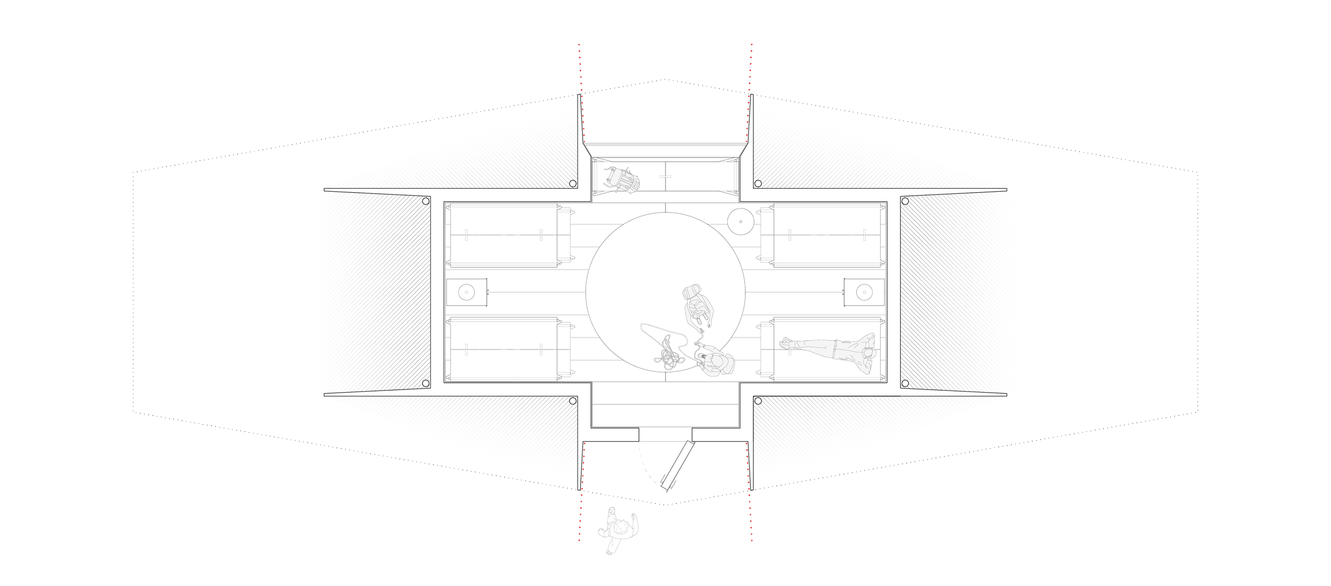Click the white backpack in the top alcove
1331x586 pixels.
[621, 180]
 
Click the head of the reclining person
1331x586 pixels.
[869, 353]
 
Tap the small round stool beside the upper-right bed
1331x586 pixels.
[740, 221]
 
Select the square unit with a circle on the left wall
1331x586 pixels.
[466, 292]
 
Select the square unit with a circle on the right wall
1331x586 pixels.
[864, 292]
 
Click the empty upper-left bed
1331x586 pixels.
[503, 234]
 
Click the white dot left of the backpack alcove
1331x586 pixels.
[573, 184]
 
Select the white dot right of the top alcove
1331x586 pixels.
[758, 184]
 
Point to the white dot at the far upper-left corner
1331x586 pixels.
[426, 201]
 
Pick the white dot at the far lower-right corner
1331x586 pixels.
[905, 383]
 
